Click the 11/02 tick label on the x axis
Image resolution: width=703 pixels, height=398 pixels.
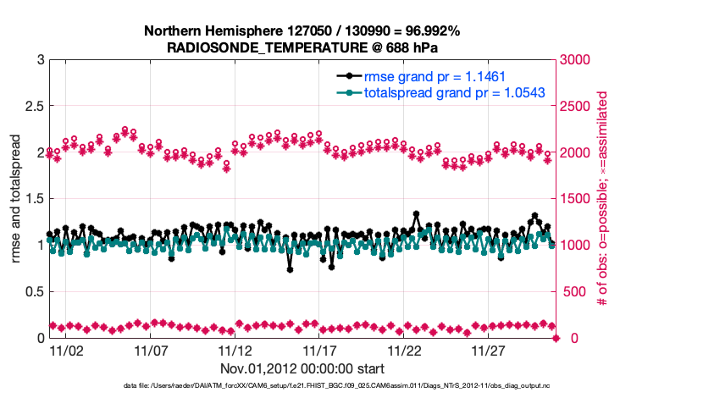pyautogui.click(x=66, y=349)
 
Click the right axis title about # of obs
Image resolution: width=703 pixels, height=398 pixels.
pyautogui.click(x=603, y=199)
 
